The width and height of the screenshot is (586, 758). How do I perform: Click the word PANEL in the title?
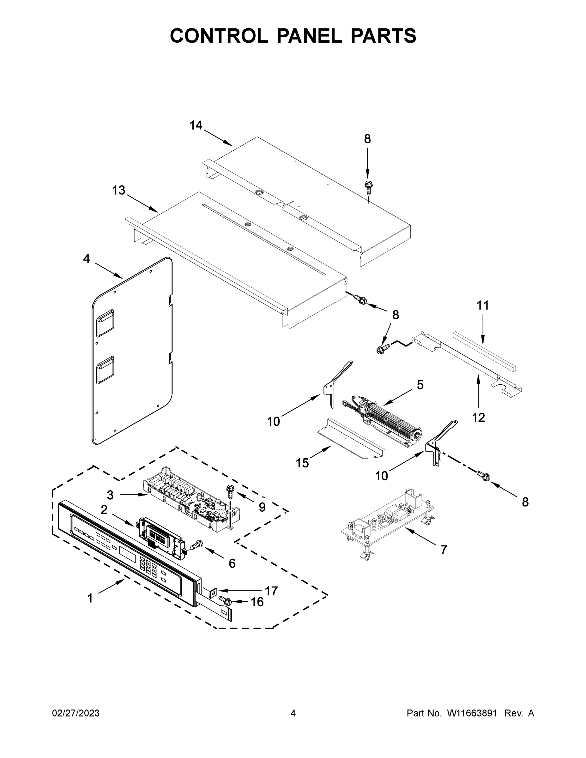click(x=309, y=36)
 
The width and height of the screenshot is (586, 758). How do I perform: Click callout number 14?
click(x=196, y=125)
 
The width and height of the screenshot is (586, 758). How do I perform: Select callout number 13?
click(x=119, y=190)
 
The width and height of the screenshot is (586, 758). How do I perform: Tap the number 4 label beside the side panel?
click(x=87, y=259)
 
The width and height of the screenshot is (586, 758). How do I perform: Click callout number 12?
click(x=478, y=418)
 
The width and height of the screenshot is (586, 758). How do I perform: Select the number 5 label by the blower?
click(x=420, y=385)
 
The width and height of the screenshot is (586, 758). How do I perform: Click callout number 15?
click(x=302, y=463)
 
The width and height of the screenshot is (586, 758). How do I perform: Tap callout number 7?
click(x=444, y=550)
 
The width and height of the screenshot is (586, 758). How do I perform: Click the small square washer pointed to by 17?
click(x=213, y=591)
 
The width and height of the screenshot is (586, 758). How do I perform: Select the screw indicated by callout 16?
click(x=225, y=600)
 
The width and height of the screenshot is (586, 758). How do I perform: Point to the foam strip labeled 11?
click(x=484, y=351)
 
